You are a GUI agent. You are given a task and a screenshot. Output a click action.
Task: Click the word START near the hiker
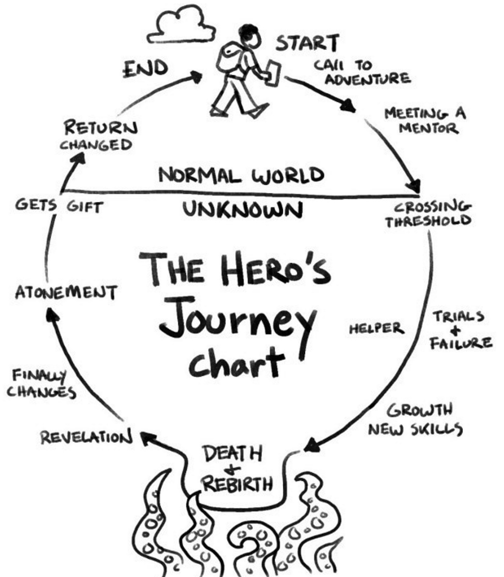307,43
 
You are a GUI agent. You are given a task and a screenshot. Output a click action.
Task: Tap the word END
145,69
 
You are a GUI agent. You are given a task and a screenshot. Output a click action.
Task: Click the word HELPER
376,329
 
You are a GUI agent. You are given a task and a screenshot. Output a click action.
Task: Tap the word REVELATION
87,437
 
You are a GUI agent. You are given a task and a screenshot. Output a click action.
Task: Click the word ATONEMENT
66,292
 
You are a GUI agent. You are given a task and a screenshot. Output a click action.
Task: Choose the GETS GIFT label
59,206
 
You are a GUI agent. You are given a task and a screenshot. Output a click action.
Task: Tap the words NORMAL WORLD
241,175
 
